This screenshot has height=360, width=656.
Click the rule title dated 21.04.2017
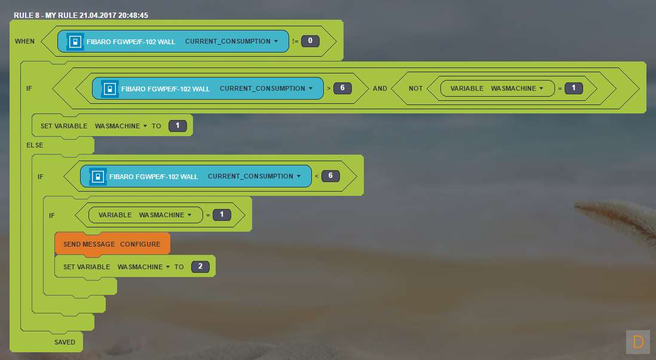pyautogui.click(x=81, y=15)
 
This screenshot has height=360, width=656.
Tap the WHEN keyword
pyautogui.click(x=25, y=41)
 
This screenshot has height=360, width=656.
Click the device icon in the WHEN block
pyautogui.click(x=75, y=42)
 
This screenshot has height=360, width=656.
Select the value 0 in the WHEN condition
pyautogui.click(x=310, y=41)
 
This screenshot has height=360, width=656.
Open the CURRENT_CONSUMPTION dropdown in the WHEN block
pyautogui.click(x=232, y=42)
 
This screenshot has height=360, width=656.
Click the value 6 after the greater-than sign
pyautogui.click(x=342, y=88)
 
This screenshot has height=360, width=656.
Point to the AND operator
pyautogui.click(x=380, y=88)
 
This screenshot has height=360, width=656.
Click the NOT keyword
pyautogui.click(x=416, y=88)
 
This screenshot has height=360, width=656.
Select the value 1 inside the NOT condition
pyautogui.click(x=573, y=88)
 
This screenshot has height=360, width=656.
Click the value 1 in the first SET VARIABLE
pyautogui.click(x=177, y=126)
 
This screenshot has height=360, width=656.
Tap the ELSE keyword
pyautogui.click(x=35, y=145)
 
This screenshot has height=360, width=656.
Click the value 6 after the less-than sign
pyautogui.click(x=330, y=176)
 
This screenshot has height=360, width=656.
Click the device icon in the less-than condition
pyautogui.click(x=97, y=177)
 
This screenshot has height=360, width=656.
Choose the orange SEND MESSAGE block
pyautogui.click(x=112, y=244)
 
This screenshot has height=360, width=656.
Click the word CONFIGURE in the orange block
pyautogui.click(x=140, y=244)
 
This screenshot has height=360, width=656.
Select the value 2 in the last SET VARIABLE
pyautogui.click(x=200, y=267)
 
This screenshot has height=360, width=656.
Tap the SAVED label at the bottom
pyautogui.click(x=65, y=342)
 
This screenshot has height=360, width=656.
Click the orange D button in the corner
pyautogui.click(x=638, y=342)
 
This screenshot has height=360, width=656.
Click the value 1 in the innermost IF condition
pyautogui.click(x=222, y=214)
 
